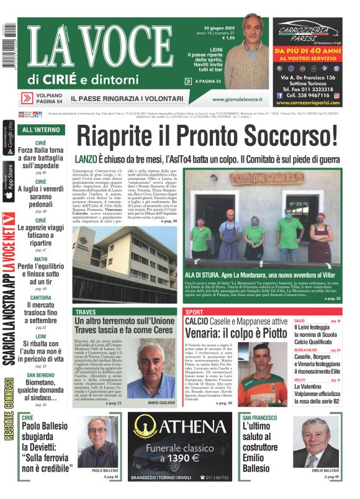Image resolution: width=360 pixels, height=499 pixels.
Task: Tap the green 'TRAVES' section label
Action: [86, 311]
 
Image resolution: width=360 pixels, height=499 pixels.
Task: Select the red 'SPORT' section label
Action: [194, 311]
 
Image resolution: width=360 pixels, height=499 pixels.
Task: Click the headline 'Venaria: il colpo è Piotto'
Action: [226, 335]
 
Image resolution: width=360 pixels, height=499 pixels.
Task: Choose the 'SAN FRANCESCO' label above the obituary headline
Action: [260, 418]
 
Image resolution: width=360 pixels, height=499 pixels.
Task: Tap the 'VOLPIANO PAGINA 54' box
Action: [42, 99]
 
